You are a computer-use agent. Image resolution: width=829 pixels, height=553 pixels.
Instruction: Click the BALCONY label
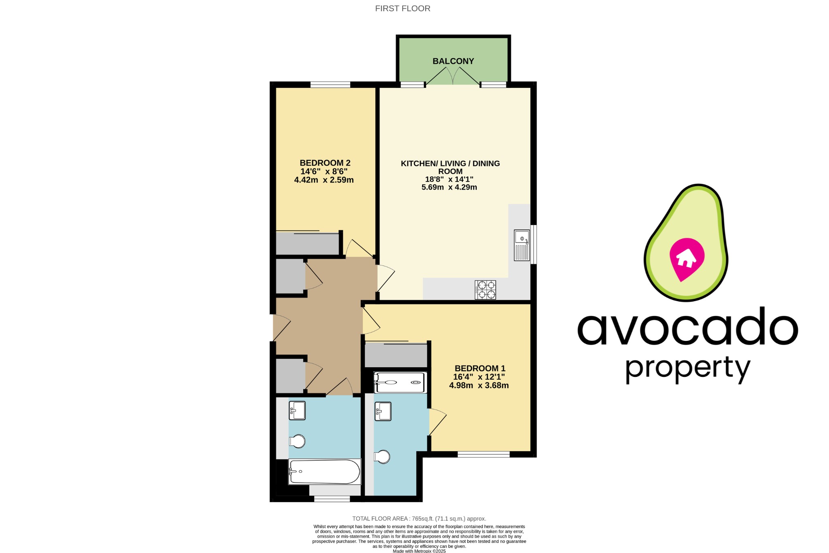click(x=453, y=61)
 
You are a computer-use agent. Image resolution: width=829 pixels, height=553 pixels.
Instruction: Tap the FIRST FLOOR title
click(x=402, y=9)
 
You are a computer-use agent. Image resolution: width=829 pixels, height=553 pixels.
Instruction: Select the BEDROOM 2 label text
click(x=325, y=163)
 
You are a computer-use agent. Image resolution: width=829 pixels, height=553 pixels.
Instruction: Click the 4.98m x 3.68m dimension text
click(x=478, y=385)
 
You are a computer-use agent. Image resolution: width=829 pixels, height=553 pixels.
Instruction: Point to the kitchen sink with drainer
click(x=521, y=245)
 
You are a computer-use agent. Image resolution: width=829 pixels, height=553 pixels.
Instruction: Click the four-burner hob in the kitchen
click(x=485, y=289)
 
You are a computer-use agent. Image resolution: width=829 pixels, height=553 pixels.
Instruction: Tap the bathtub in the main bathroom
click(x=324, y=471)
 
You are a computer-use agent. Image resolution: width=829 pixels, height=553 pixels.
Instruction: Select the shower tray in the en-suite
click(x=400, y=383)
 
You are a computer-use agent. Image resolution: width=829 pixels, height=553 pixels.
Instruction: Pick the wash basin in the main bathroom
click(x=297, y=410)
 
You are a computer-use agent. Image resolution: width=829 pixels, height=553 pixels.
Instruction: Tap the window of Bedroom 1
click(x=483, y=454)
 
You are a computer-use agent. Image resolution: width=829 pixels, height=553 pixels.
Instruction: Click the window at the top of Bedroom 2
click(x=330, y=85)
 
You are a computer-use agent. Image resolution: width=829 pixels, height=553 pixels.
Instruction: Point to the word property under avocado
click(x=687, y=368)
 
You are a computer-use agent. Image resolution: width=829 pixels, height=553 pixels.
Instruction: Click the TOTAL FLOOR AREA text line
click(x=419, y=519)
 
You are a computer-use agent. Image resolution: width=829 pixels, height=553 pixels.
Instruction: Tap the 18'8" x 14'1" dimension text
click(x=449, y=179)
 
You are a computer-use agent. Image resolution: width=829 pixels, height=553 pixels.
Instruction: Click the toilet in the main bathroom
click(x=298, y=441)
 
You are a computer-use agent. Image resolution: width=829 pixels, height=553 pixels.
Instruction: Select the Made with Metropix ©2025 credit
click(x=419, y=551)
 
